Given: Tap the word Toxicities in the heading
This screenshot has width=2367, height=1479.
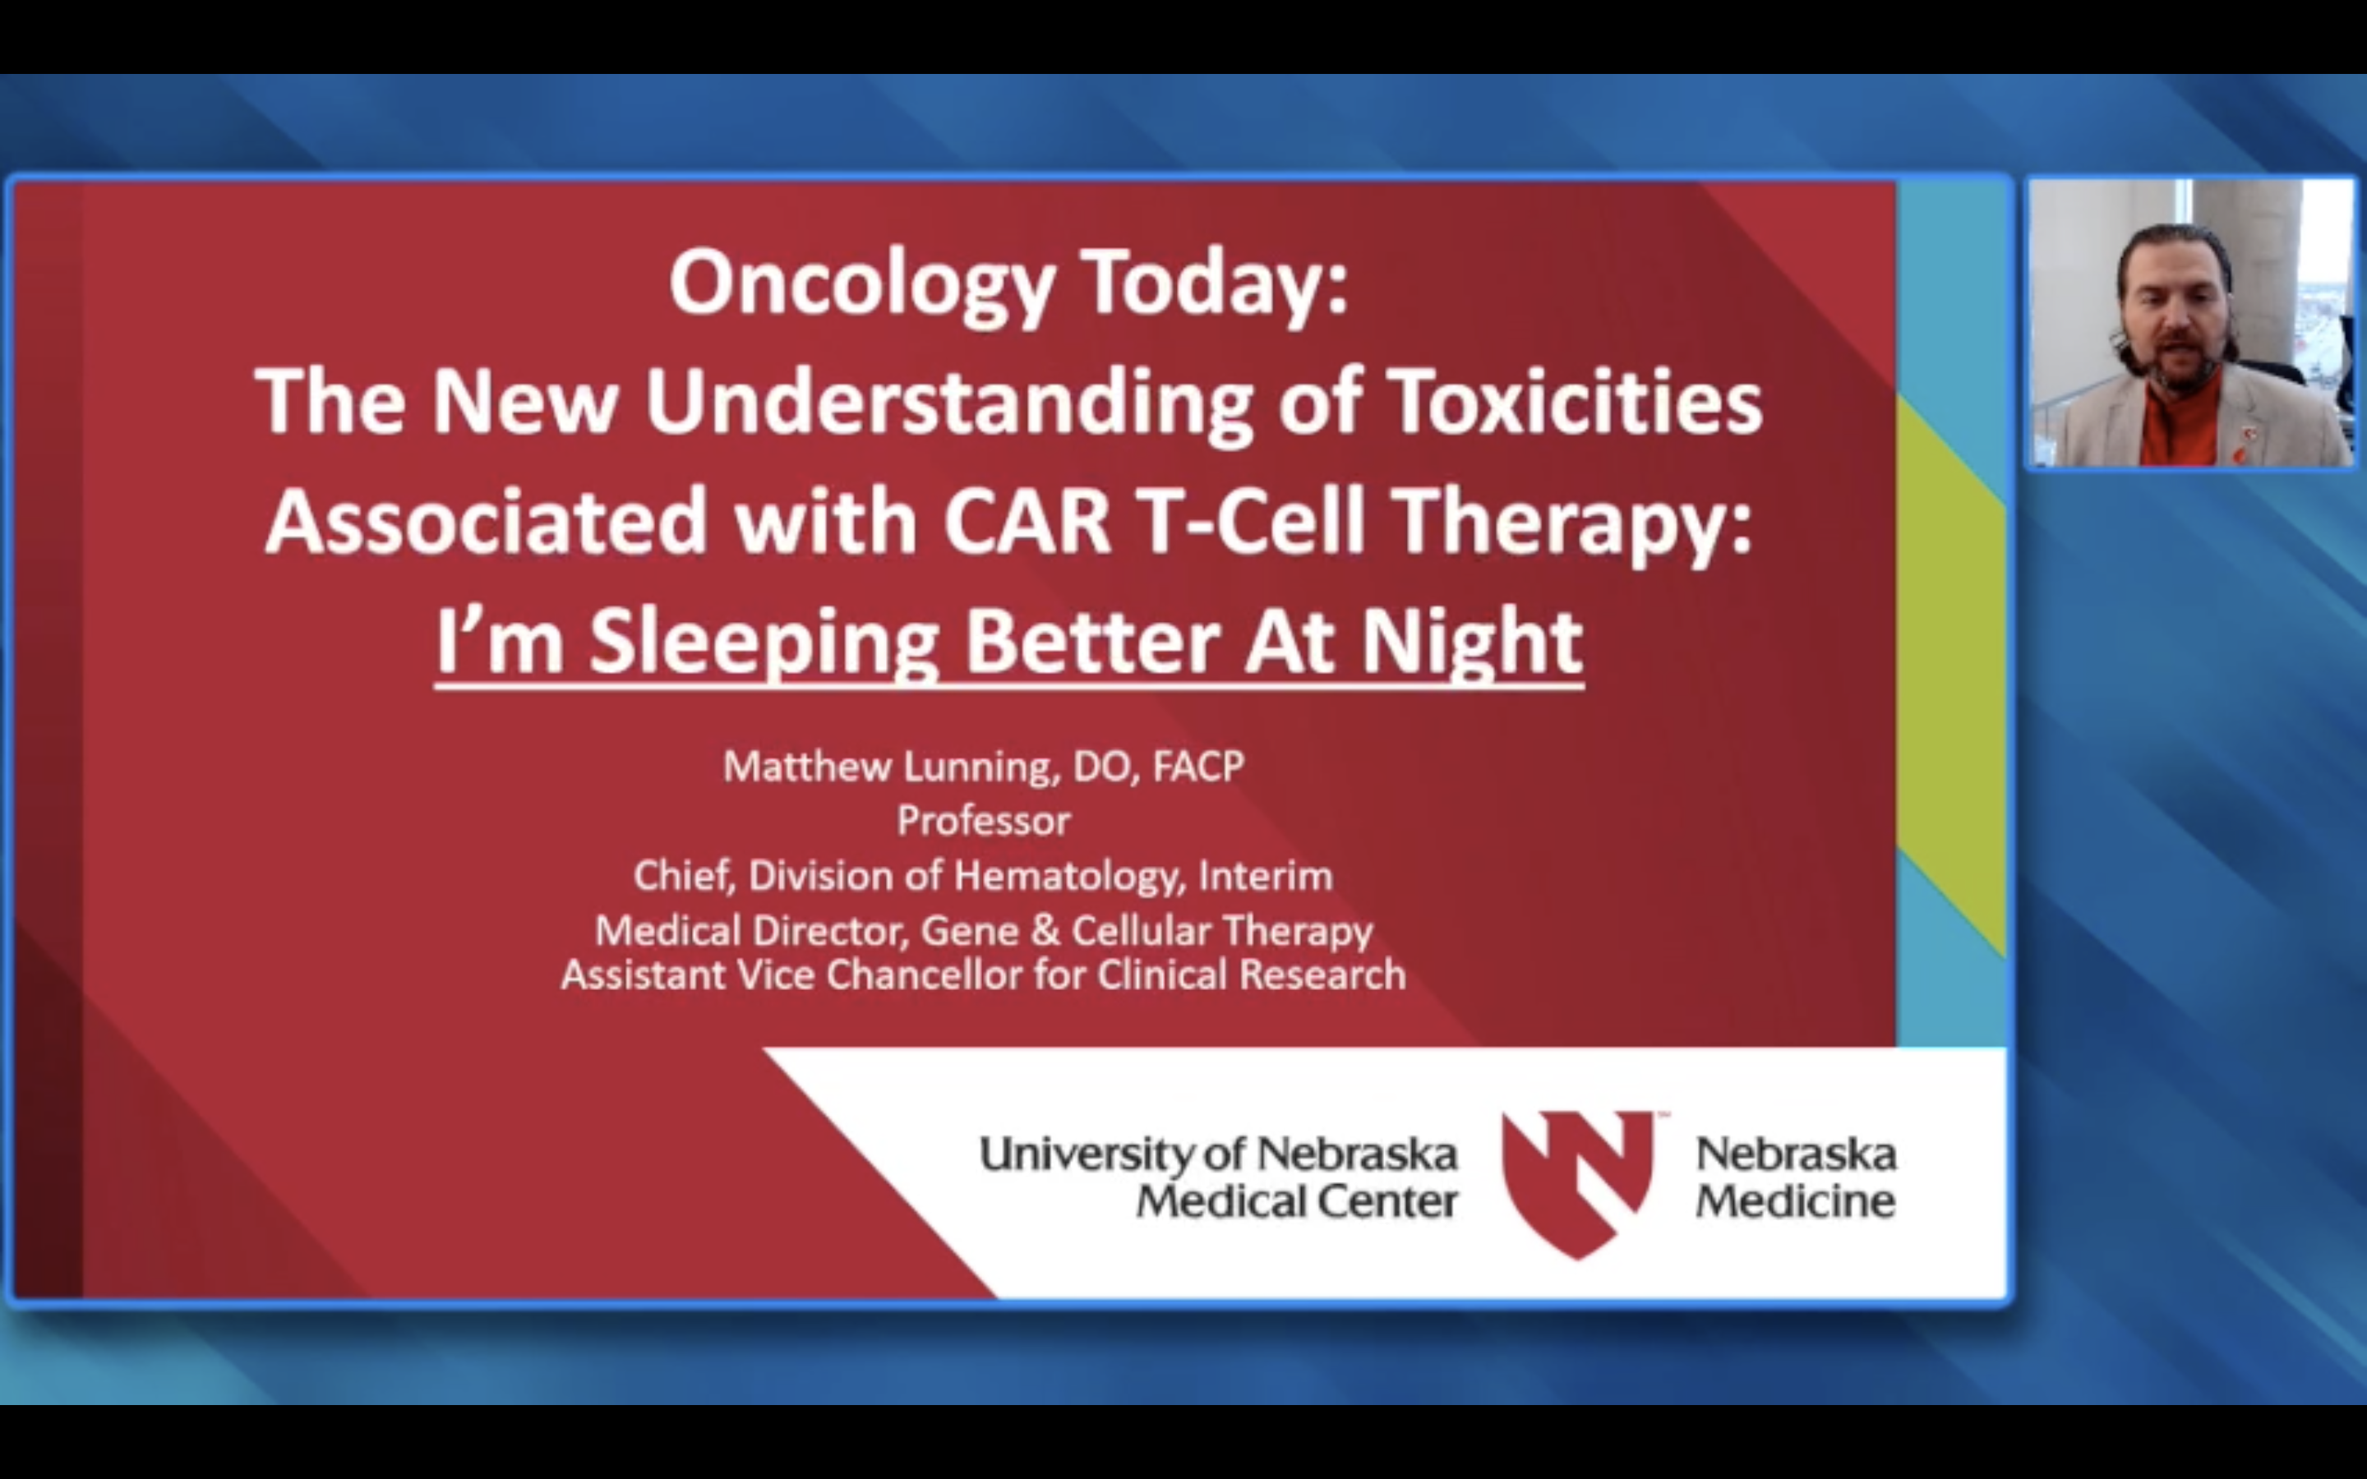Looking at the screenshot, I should pos(1574,402).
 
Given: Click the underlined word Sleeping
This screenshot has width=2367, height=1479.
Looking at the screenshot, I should pos(764,643).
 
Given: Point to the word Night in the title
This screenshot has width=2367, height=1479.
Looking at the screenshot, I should pos(1472,643).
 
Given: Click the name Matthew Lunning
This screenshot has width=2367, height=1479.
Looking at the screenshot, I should pos(890,766).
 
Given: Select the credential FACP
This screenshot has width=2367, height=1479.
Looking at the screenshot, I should pos(1198,766).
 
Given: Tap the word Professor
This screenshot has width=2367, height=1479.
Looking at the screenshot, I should pos(983,821).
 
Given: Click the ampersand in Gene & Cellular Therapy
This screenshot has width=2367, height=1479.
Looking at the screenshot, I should pos(1045,930).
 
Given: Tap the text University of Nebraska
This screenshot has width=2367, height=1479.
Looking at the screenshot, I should pos(1218,1154).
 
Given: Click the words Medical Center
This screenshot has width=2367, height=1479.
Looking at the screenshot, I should pos(1296,1201).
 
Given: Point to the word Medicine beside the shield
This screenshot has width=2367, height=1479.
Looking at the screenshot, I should pos(1795,1201).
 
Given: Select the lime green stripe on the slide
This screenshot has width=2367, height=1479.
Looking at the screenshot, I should pos(1951,675).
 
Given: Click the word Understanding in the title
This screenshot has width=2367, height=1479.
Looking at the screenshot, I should pos(948,402).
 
